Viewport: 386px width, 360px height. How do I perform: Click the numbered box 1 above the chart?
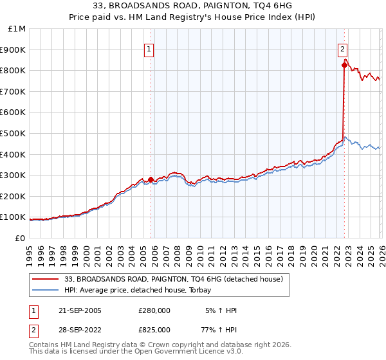click(149, 48)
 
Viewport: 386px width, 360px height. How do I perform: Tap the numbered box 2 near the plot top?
click(343, 48)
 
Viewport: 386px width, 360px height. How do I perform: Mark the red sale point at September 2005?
click(151, 179)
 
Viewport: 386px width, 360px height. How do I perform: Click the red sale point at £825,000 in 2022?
click(344, 65)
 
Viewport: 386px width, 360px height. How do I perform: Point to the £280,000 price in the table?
click(154, 310)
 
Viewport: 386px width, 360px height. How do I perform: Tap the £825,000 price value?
click(154, 329)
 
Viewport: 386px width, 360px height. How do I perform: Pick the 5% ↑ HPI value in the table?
click(219, 310)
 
